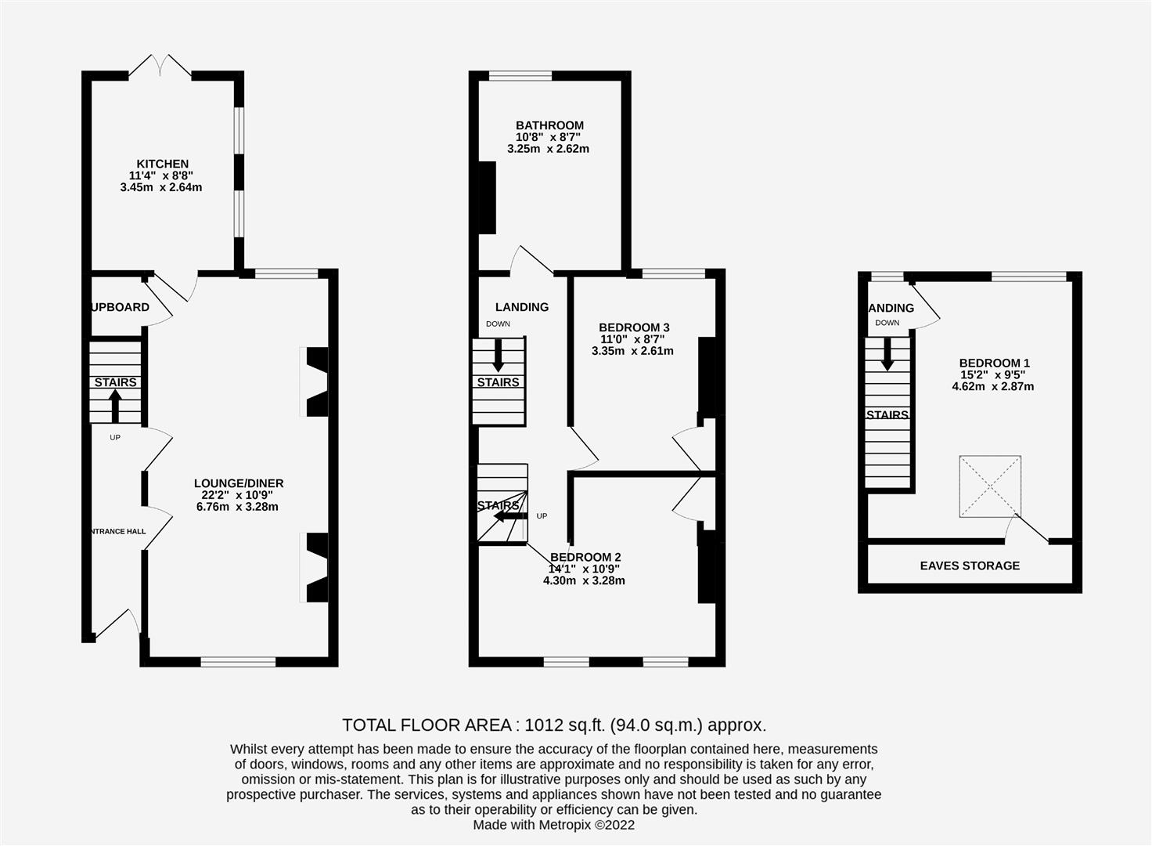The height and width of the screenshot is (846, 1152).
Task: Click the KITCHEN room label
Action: click(x=163, y=164)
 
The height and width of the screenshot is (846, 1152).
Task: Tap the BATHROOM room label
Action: click(x=549, y=125)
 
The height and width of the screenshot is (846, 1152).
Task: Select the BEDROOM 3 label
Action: click(x=634, y=327)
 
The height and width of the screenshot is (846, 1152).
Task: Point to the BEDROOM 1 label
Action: click(x=994, y=363)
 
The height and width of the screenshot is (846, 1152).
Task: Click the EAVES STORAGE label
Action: click(x=970, y=566)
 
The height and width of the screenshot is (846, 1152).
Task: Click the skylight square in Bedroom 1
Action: click(x=990, y=486)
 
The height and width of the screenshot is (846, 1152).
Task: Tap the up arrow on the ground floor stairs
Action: click(x=115, y=406)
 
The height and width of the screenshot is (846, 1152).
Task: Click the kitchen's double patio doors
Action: click(x=160, y=66)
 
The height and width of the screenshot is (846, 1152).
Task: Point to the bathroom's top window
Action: click(x=520, y=76)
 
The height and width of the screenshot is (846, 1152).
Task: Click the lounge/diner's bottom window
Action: click(x=238, y=662)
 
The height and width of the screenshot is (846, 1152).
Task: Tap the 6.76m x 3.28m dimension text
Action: click(x=237, y=507)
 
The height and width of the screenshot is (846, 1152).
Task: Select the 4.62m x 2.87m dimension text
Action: click(x=992, y=386)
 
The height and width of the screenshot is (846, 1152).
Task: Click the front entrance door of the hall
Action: click(x=117, y=624)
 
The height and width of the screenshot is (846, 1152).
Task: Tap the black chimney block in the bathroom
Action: click(x=487, y=197)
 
